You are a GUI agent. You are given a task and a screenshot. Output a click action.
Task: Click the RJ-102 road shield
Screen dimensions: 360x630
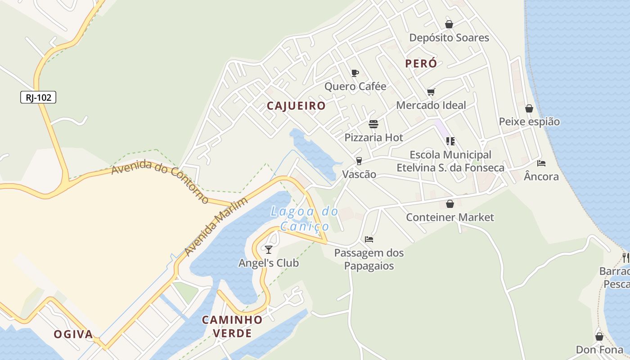pyautogui.click(x=38, y=97)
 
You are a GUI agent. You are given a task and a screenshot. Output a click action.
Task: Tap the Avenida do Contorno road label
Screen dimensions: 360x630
pyautogui.click(x=160, y=181)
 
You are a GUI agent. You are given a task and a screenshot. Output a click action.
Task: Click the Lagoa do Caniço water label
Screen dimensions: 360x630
pyautogui.click(x=305, y=218)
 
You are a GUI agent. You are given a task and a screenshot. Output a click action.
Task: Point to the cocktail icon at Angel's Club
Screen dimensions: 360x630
pyautogui.click(x=269, y=249)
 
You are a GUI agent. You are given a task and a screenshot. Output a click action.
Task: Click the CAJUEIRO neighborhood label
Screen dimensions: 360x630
pyautogui.click(x=296, y=106)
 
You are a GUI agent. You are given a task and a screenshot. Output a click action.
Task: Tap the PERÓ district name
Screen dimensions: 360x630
pyautogui.click(x=421, y=63)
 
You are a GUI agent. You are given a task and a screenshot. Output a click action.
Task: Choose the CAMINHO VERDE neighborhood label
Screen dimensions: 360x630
pyautogui.click(x=232, y=326)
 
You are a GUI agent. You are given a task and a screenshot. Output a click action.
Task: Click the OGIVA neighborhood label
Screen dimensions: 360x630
pyautogui.click(x=73, y=334)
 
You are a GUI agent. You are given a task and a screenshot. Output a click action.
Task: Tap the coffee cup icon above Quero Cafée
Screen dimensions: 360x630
pyautogui.click(x=355, y=73)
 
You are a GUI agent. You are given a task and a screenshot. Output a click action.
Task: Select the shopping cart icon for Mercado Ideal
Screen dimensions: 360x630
pyautogui.click(x=431, y=92)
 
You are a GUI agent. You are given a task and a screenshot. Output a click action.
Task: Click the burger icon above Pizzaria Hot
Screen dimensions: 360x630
pyautogui.click(x=373, y=124)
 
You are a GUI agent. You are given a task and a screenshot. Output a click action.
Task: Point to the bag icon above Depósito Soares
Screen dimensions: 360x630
pyautogui.click(x=449, y=24)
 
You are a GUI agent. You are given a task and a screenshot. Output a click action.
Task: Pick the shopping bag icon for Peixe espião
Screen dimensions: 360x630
pyautogui.click(x=529, y=108)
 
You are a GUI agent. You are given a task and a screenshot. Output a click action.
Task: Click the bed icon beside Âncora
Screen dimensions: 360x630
pyautogui.click(x=541, y=163)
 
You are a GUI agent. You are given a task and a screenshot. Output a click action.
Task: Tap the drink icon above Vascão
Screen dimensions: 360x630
pyautogui.click(x=359, y=161)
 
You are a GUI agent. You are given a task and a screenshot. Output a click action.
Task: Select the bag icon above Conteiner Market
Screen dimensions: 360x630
pyautogui.click(x=450, y=204)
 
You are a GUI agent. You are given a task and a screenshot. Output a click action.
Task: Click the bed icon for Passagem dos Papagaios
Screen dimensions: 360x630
pyautogui.click(x=369, y=239)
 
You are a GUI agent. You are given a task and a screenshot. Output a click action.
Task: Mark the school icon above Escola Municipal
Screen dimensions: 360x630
pyautogui.click(x=450, y=141)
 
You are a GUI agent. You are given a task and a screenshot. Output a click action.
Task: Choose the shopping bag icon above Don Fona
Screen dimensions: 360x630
pyautogui.click(x=599, y=337)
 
